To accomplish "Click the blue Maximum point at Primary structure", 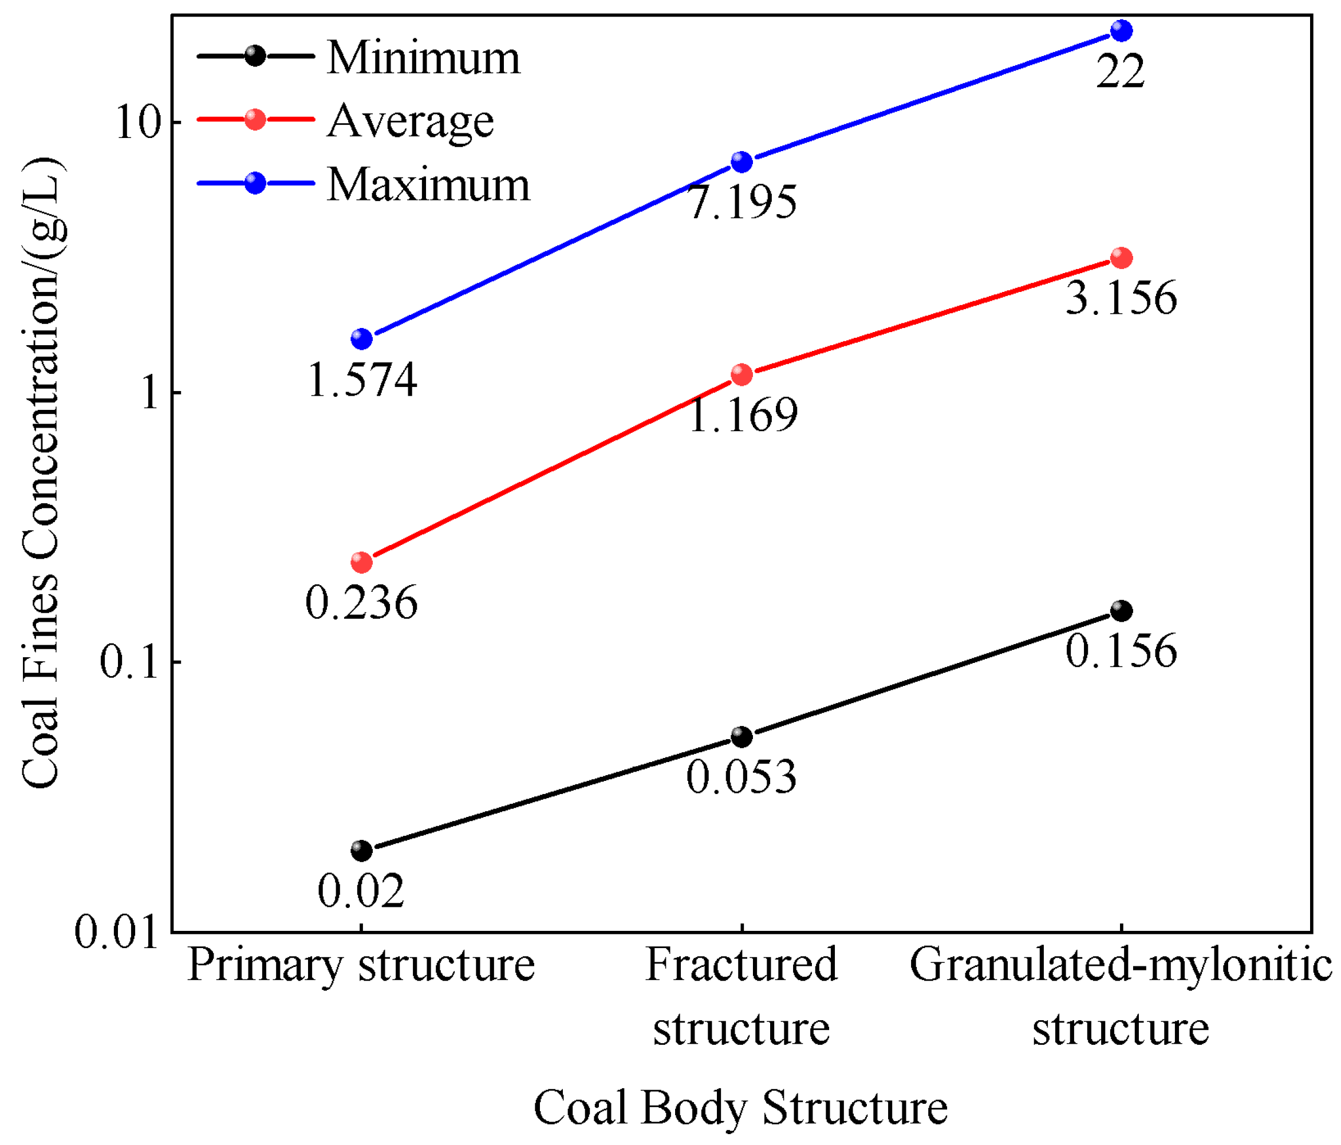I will click(x=362, y=338).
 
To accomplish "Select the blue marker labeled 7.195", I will click(x=742, y=161).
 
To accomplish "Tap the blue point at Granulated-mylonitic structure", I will click(x=1122, y=30).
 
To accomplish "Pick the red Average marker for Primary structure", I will click(x=362, y=562).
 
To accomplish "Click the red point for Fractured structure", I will click(x=742, y=374).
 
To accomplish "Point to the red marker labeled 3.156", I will click(x=1122, y=258).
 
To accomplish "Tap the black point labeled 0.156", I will click(x=1122, y=610).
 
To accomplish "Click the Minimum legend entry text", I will click(x=423, y=58).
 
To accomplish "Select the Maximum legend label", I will click(x=428, y=184).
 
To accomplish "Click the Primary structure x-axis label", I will click(x=361, y=965).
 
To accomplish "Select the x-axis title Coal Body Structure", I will click(x=740, y=1107).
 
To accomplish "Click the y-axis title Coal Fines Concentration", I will click(x=41, y=472).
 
